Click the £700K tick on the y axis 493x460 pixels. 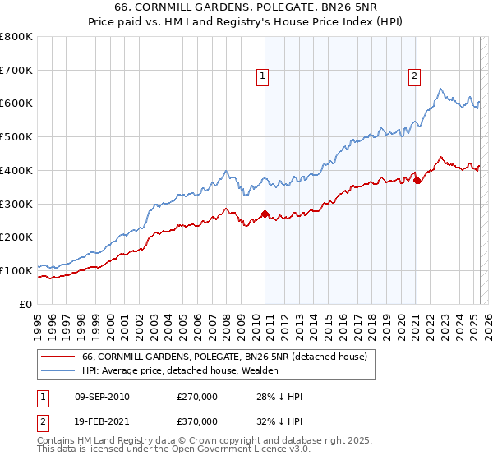(x=16, y=70)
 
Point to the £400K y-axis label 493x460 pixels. (x=16, y=170)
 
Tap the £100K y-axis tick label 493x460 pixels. (x=16, y=270)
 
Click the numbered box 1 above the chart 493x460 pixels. (x=262, y=76)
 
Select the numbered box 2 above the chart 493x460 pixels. (x=414, y=76)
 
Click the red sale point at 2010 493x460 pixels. (x=265, y=214)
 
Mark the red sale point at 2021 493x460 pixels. (x=417, y=181)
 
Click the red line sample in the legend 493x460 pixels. (x=58, y=356)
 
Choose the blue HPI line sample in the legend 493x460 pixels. (x=58, y=370)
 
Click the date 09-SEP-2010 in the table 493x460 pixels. (x=101, y=397)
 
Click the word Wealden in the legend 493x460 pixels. (x=260, y=370)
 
